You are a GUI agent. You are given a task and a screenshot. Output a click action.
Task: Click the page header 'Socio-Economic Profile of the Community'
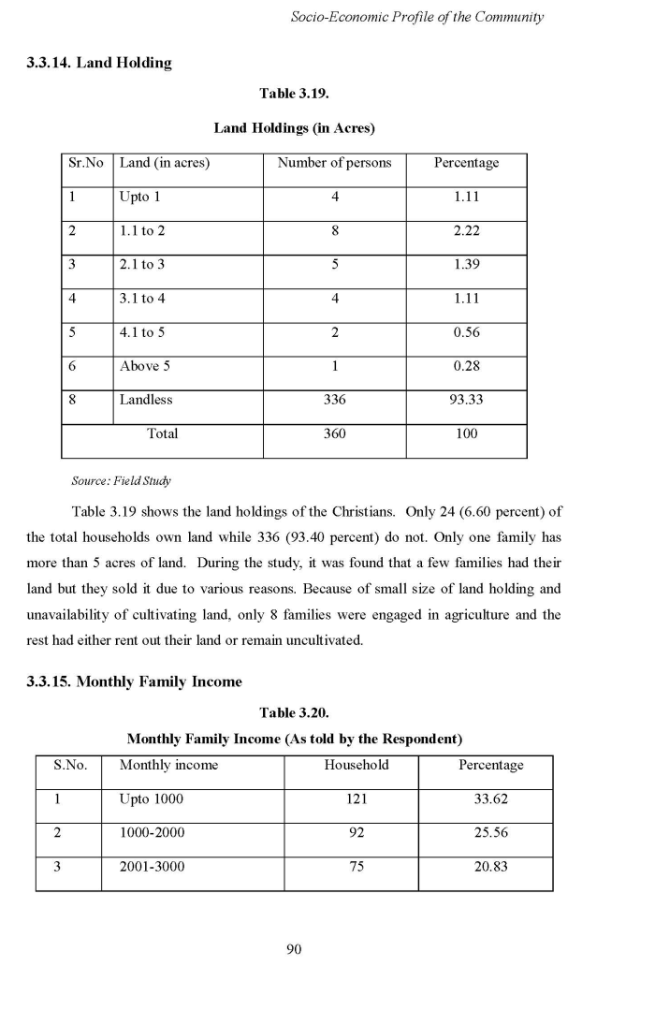(x=417, y=17)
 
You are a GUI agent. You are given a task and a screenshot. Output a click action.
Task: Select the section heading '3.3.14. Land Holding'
(x=99, y=63)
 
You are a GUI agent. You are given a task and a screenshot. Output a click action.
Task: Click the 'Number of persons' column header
(x=334, y=163)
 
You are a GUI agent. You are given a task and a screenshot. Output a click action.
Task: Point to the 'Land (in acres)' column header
(x=165, y=163)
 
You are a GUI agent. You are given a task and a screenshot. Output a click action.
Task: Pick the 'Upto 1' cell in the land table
(x=140, y=197)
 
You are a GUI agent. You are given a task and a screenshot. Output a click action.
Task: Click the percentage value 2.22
(x=466, y=231)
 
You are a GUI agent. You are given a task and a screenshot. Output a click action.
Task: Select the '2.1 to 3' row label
(x=142, y=265)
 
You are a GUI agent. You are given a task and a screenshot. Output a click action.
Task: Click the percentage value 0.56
(x=466, y=332)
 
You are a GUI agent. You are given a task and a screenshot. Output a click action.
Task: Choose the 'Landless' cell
(x=146, y=400)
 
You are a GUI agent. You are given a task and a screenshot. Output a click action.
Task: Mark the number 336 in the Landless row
(x=334, y=400)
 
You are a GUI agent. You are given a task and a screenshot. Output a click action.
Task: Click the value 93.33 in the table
(x=466, y=400)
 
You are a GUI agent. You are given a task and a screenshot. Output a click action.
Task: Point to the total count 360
(x=334, y=433)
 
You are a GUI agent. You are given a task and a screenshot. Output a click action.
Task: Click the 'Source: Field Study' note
(x=121, y=481)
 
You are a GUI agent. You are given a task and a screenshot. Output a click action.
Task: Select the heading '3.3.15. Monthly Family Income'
(x=134, y=681)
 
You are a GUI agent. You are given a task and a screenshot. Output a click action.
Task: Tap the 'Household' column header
(x=357, y=765)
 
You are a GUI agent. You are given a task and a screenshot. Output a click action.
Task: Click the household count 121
(x=357, y=799)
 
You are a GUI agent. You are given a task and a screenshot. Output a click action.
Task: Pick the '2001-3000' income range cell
(x=152, y=867)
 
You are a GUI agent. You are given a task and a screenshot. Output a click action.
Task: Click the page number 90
(x=294, y=950)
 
